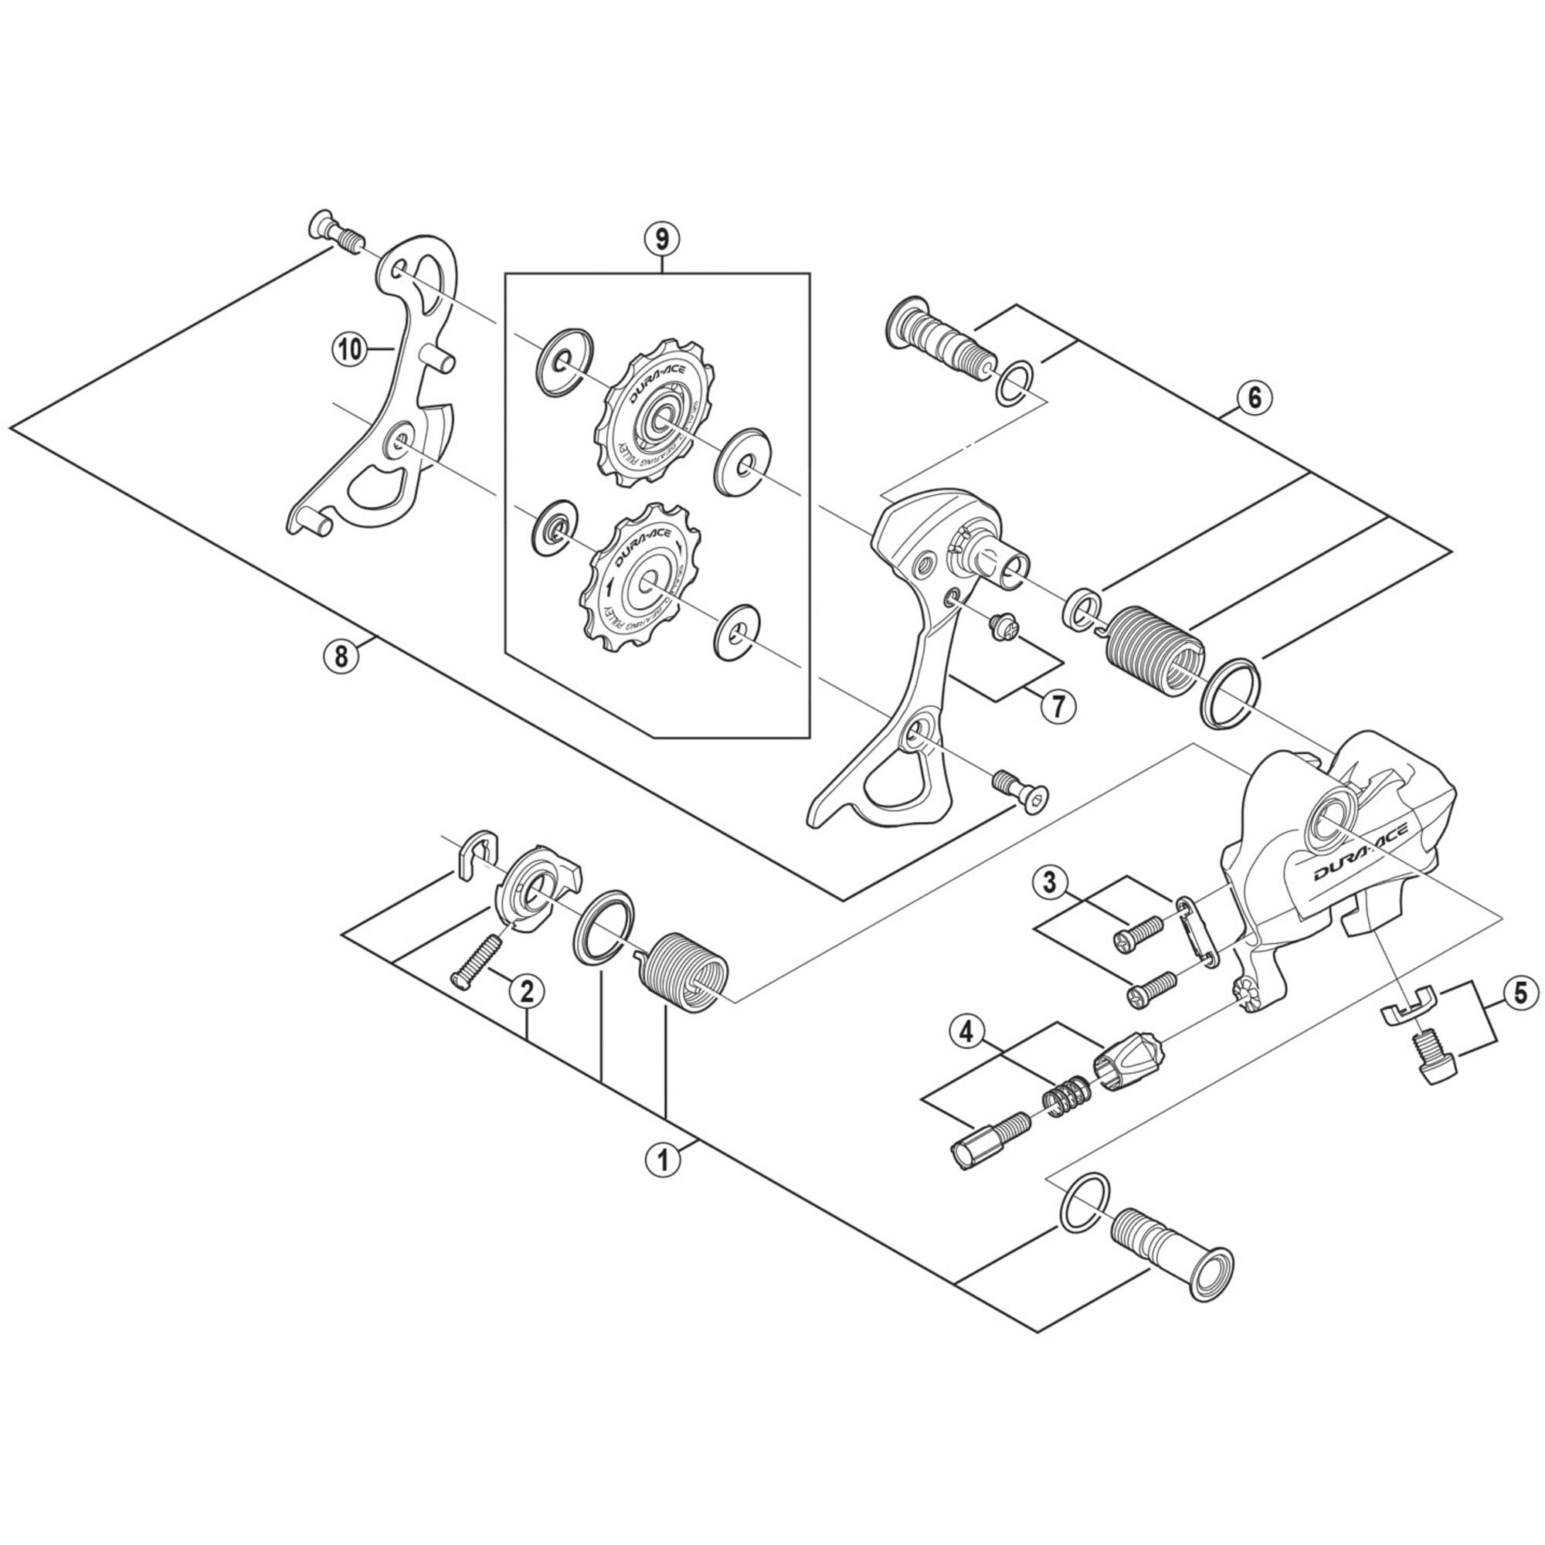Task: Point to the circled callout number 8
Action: point(341,656)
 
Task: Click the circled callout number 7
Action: point(1058,705)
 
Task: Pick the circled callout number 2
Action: point(526,992)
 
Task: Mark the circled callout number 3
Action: point(1049,883)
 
